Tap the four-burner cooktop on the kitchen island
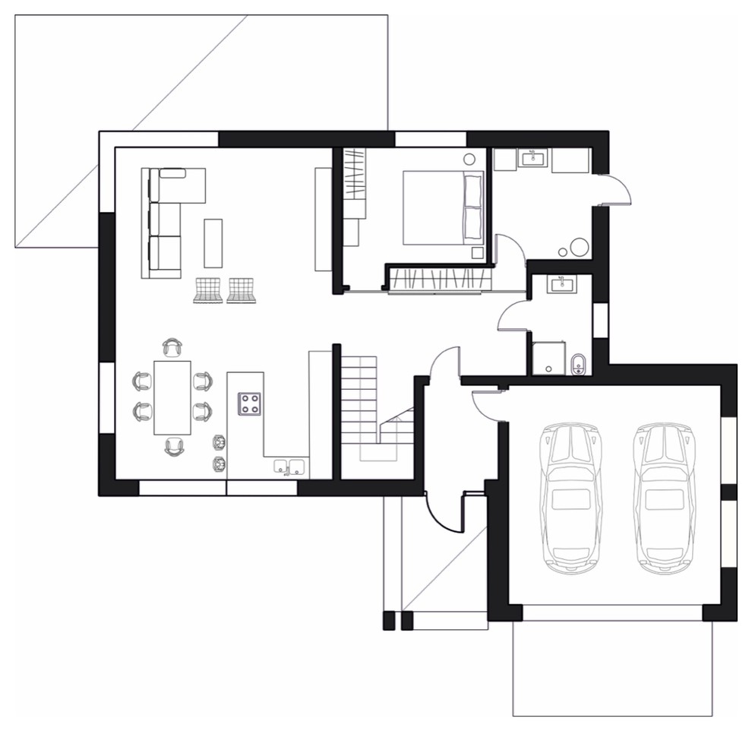click(250, 403)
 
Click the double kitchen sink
click(289, 466)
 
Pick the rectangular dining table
click(172, 397)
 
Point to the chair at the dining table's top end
click(172, 348)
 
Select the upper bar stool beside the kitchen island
click(220, 441)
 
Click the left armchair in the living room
click(207, 290)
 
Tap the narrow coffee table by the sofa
click(213, 242)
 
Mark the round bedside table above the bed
click(470, 159)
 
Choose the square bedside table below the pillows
click(477, 253)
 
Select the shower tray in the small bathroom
click(548, 358)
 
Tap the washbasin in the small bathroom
click(563, 284)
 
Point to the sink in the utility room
click(532, 159)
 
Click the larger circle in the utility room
click(580, 247)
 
